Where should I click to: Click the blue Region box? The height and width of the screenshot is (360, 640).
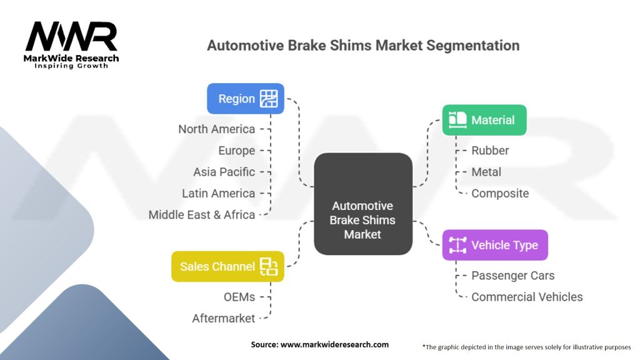point(246,99)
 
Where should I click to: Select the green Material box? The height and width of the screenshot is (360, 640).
point(484,120)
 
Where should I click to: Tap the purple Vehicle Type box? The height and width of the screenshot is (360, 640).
point(495,245)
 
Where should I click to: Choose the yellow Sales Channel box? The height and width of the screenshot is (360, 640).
point(227,266)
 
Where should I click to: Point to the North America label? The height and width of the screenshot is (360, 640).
point(216,129)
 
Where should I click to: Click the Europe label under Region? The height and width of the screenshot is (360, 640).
point(236,151)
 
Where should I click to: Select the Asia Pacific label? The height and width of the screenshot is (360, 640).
point(224,172)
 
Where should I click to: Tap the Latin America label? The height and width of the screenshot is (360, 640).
point(218,193)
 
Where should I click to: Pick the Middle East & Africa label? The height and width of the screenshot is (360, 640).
point(201,214)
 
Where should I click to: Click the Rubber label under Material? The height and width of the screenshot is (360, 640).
point(490,151)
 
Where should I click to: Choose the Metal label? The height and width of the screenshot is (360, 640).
point(486,172)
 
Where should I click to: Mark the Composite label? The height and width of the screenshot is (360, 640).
point(500,193)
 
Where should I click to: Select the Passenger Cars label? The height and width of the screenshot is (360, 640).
point(512,276)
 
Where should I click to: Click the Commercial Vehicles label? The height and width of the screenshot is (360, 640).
point(527,297)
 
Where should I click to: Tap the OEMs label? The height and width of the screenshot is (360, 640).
point(239,297)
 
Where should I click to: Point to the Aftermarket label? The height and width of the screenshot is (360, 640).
point(223,318)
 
